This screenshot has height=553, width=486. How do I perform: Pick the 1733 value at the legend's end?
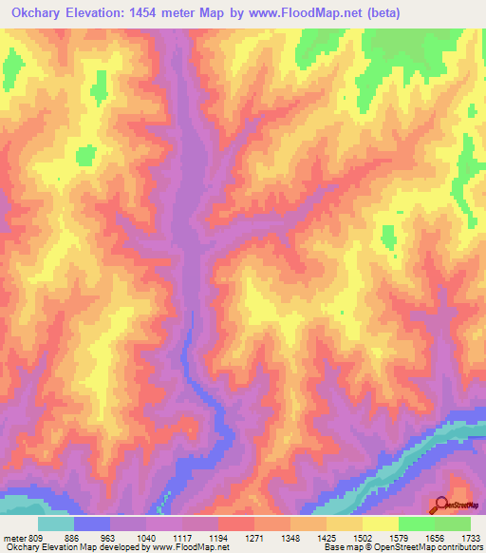click(470, 537)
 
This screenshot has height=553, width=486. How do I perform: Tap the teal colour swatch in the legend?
click(56, 524)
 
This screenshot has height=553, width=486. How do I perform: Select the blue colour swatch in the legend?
click(92, 524)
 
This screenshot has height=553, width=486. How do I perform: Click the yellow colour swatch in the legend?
click(380, 524)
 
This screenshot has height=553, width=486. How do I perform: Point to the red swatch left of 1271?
click(235, 524)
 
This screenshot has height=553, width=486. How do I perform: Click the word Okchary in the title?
click(34, 13)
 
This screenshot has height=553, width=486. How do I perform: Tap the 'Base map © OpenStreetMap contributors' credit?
click(402, 547)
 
